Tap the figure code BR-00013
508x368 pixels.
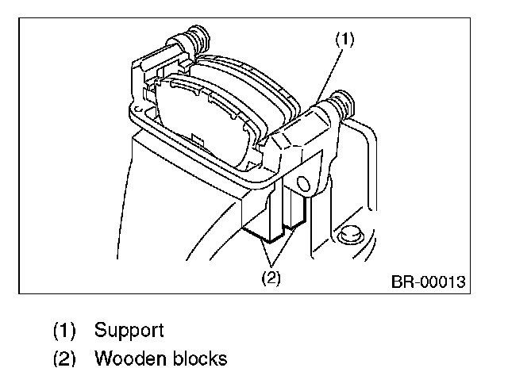point(427,282)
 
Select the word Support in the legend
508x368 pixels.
point(129,329)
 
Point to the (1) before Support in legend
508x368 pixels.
point(65,329)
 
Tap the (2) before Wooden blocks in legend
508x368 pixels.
point(65,358)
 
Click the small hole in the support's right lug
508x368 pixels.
point(302,184)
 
